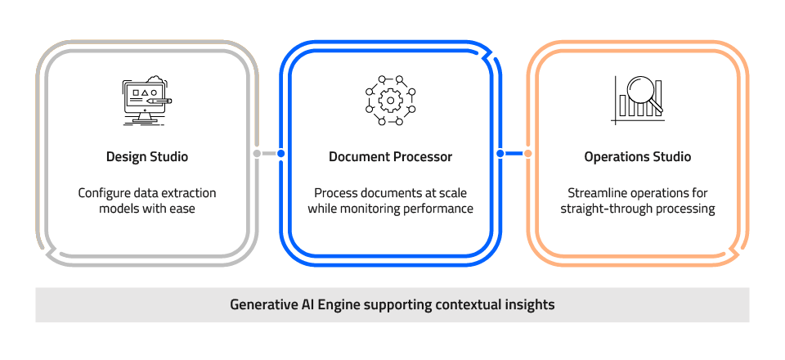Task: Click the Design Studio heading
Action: pos(147,156)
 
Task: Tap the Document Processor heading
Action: pos(390,156)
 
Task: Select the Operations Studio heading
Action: pos(637,156)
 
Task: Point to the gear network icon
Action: pos(390,100)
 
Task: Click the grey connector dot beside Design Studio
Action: pos(257,153)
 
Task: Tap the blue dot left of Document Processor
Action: pos(281,153)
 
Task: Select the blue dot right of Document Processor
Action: pos(500,153)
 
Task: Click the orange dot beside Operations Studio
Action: pos(527,153)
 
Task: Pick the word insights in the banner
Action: pos(530,304)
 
